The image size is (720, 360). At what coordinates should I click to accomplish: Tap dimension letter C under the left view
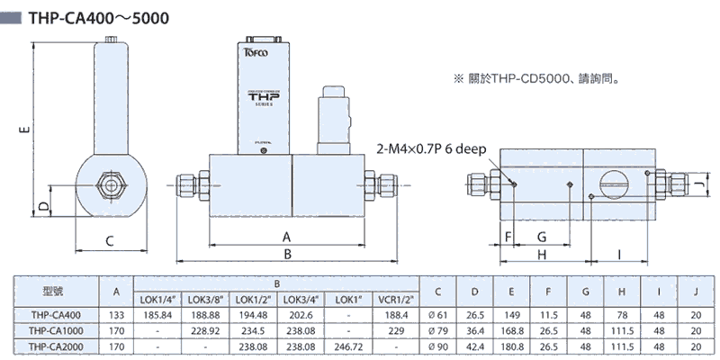[109, 240]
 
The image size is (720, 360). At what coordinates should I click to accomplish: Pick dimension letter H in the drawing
[542, 256]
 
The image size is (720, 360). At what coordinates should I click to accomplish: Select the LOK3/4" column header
[302, 299]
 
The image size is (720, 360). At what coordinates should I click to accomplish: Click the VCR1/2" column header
[397, 299]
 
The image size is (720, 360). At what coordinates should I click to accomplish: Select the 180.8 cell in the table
[510, 346]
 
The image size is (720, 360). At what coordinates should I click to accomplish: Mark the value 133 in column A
[116, 315]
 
